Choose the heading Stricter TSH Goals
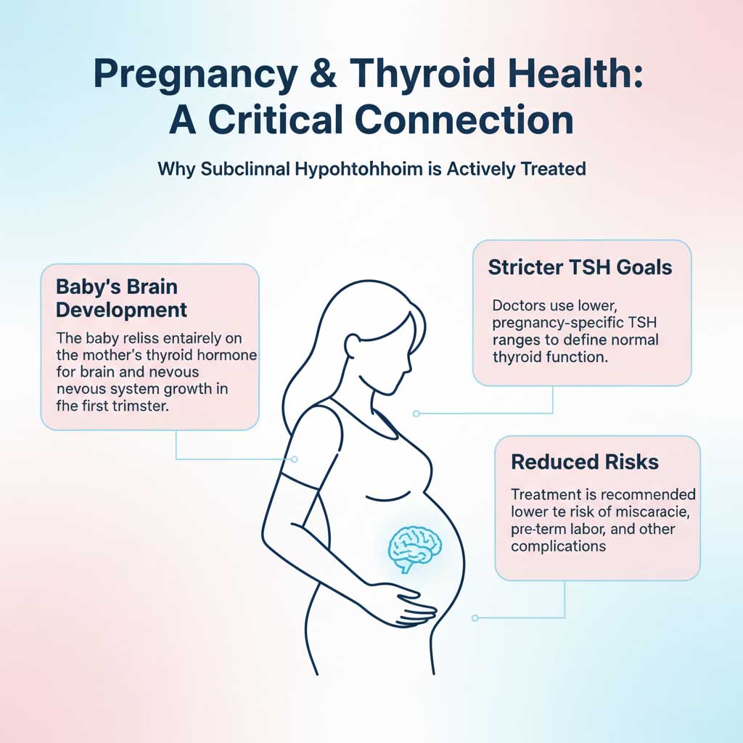[x=580, y=267]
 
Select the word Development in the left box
[x=121, y=311]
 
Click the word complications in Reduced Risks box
[x=558, y=546]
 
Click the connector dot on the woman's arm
[x=294, y=459]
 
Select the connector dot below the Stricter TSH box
[x=416, y=414]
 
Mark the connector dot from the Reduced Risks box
[x=475, y=618]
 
